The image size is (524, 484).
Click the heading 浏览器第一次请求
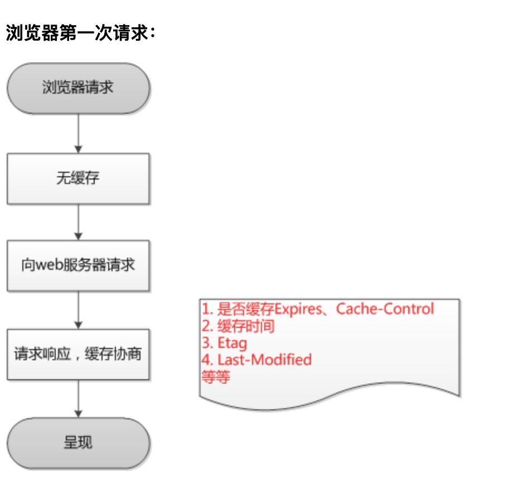pyautogui.click(x=78, y=34)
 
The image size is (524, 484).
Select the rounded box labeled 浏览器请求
pyautogui.click(x=78, y=88)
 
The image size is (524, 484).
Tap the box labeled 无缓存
pyautogui.click(x=78, y=178)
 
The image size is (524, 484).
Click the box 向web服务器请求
pyautogui.click(x=78, y=265)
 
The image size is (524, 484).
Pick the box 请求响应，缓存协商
pyautogui.click(x=78, y=355)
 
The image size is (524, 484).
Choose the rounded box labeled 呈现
pyautogui.click(x=78, y=444)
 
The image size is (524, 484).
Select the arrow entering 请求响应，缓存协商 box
pyautogui.click(x=78, y=310)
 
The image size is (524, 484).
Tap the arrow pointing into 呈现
pyautogui.click(x=78, y=399)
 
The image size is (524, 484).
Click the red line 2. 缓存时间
pyautogui.click(x=238, y=326)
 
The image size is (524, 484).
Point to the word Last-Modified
pyautogui.click(x=264, y=360)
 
